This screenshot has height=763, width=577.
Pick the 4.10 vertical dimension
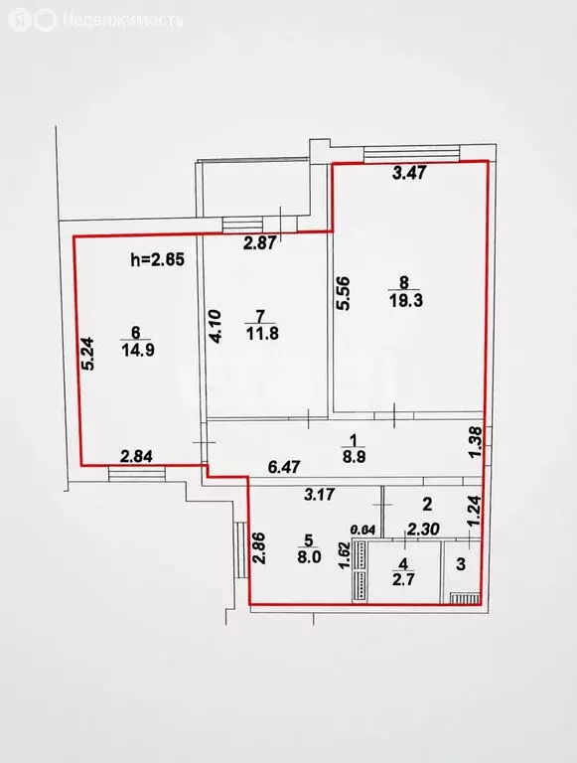(216, 327)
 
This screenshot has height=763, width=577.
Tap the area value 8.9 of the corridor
(354, 458)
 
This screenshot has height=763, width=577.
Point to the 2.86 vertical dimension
(259, 548)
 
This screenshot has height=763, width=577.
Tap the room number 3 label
(460, 563)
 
